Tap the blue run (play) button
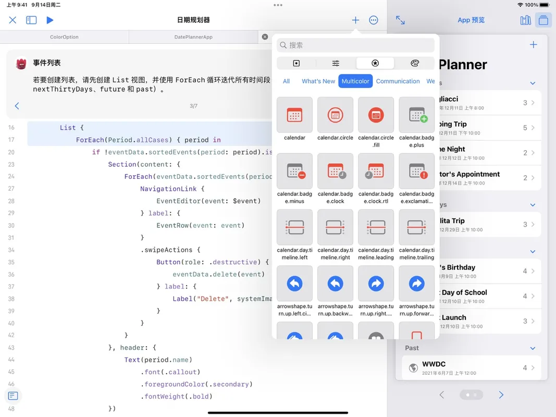(50, 20)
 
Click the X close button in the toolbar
(13, 20)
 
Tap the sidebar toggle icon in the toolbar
(31, 20)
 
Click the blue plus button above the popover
(355, 20)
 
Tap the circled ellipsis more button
(374, 20)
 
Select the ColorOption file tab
(64, 37)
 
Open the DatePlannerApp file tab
(193, 37)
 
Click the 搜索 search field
(356, 45)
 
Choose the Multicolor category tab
(355, 81)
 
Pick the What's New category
(318, 81)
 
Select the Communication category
(398, 81)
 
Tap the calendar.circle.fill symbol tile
(376, 115)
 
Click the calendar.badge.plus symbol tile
(416, 115)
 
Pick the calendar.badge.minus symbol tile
(294, 171)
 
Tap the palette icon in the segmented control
(415, 64)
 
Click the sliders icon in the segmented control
(336, 64)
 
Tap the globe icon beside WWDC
(413, 368)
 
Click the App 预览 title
(471, 20)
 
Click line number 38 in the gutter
(11, 299)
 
